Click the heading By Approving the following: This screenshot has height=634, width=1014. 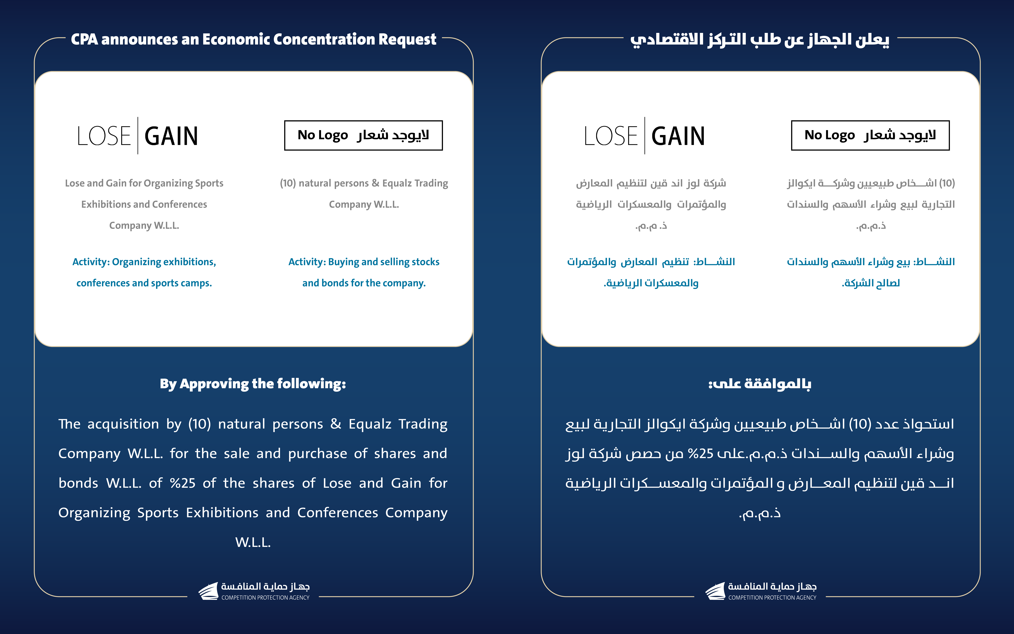[253, 384]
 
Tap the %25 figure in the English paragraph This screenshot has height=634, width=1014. [183, 483]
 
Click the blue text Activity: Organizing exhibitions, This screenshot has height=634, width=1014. [144, 262]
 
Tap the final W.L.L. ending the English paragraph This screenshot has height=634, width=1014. [253, 542]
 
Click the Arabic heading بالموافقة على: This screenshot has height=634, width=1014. [760, 384]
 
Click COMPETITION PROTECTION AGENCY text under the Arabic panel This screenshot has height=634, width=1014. [772, 597]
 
